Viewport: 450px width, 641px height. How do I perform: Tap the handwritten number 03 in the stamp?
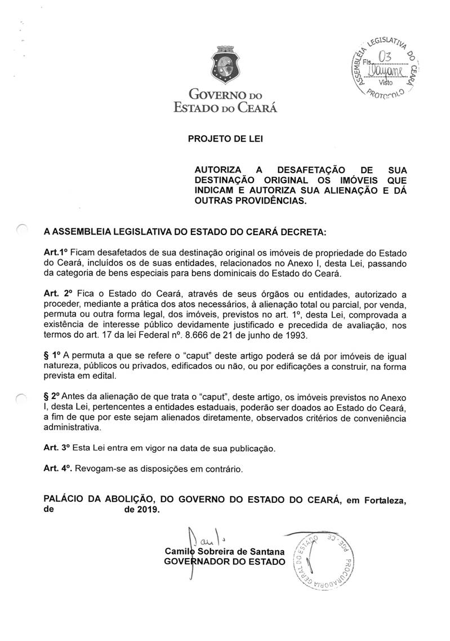[385, 57]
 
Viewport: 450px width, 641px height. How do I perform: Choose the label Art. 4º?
[58, 468]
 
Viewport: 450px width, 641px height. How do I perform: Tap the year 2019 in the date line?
[149, 509]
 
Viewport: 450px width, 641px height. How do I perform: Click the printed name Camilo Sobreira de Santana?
[224, 551]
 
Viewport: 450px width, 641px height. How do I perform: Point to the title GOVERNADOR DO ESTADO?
[224, 562]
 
